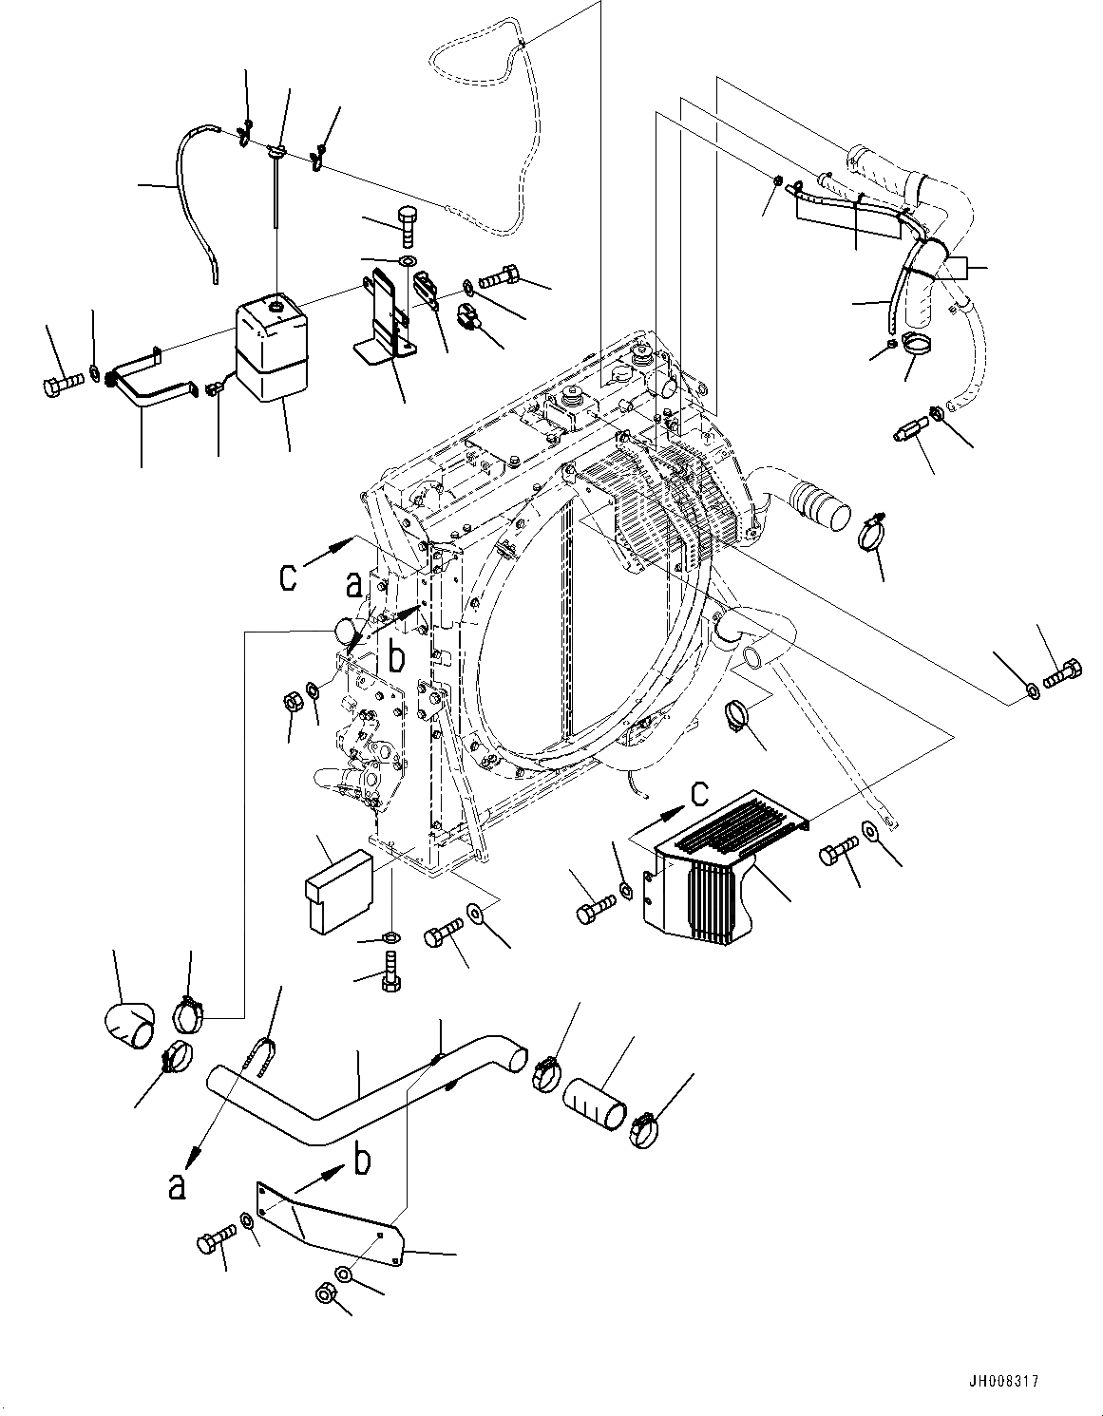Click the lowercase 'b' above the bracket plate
click(361, 1161)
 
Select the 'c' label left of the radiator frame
click(290, 577)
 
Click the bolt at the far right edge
click(1062, 676)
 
